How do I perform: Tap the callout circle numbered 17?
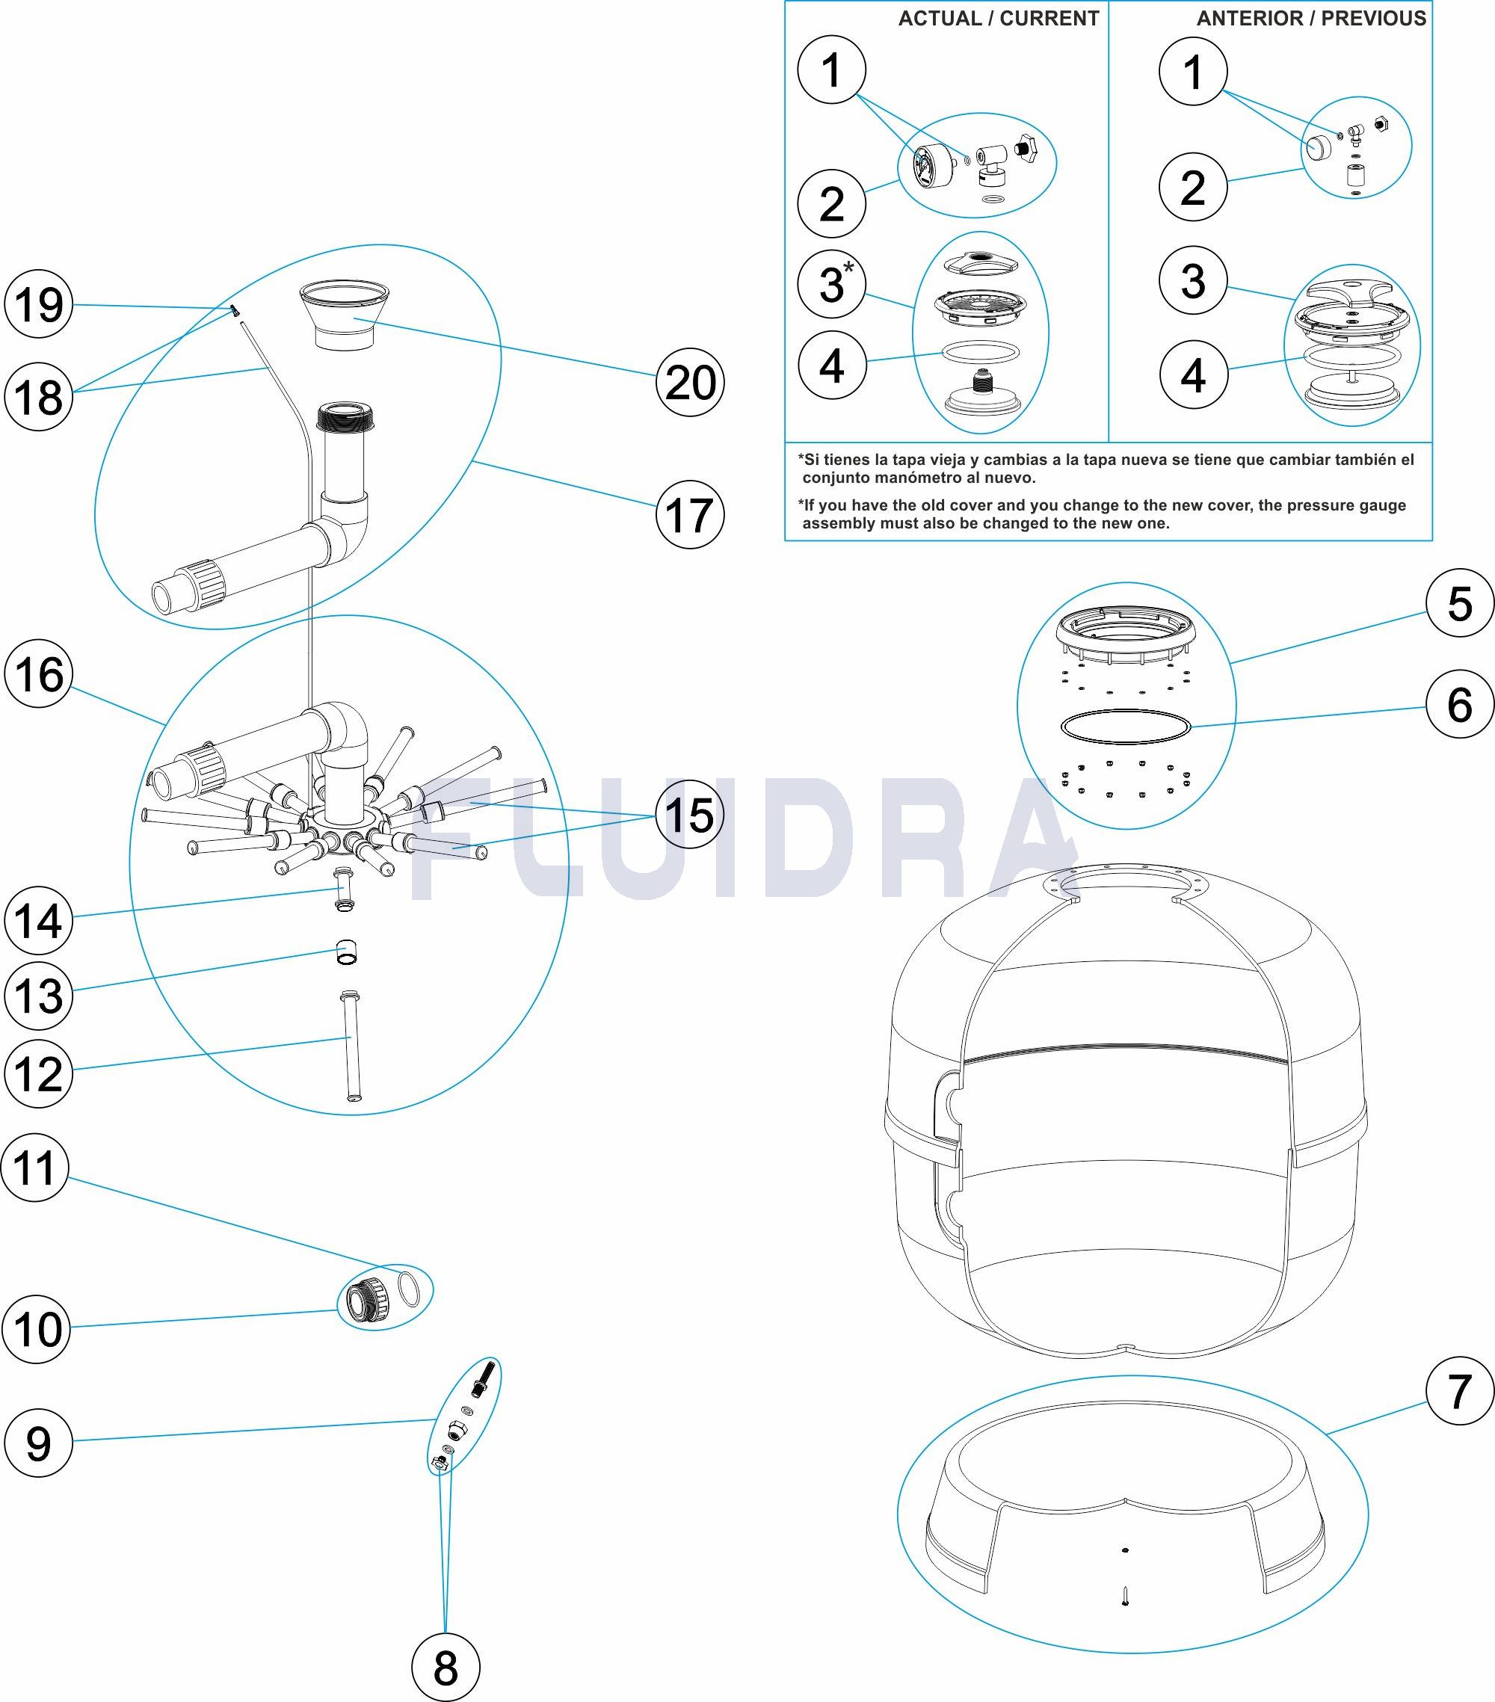tap(690, 514)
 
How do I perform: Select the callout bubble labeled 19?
tap(39, 304)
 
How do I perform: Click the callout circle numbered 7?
tap(1459, 1390)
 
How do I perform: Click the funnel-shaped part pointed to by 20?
tap(344, 317)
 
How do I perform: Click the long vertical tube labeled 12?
tap(351, 1046)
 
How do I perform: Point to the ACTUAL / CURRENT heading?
tap(999, 19)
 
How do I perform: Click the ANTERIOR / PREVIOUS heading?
tap(1312, 19)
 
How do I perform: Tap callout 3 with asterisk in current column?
tap(831, 283)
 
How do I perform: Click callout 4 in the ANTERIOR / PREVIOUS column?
tap(1193, 374)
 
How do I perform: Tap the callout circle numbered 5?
tap(1459, 603)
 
